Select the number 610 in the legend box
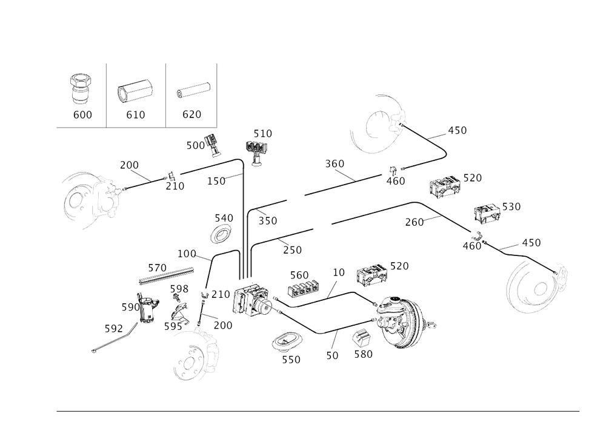click(137, 115)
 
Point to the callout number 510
click(263, 133)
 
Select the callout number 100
click(187, 252)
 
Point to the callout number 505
click(179, 288)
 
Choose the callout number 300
click(333, 164)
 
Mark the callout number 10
click(338, 272)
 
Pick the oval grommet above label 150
click(289, 344)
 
